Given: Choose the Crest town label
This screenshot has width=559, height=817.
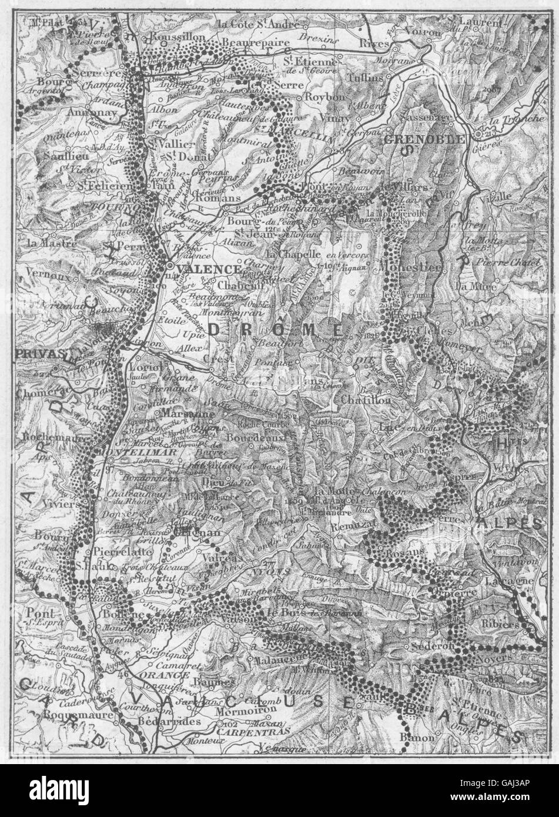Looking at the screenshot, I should click(x=215, y=358).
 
